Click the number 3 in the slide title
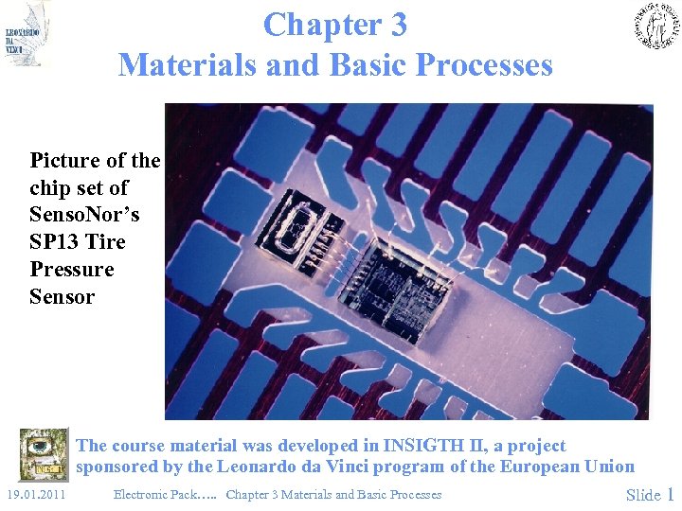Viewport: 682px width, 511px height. click(x=398, y=25)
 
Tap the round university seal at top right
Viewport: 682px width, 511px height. click(x=656, y=26)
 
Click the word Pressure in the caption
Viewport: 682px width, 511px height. click(x=72, y=270)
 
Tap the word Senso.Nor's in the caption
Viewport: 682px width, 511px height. click(x=84, y=215)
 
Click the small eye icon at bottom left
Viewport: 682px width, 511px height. click(x=44, y=455)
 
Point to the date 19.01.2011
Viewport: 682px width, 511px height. click(x=36, y=494)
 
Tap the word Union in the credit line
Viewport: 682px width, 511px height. click(x=610, y=467)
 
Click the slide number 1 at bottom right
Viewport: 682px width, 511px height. click(x=671, y=494)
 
